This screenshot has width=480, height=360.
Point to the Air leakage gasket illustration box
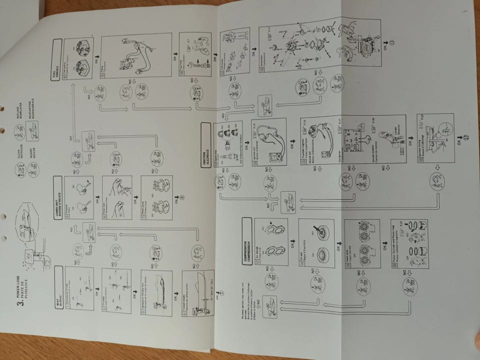[270, 239]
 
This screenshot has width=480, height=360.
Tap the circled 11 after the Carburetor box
[391, 43]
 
